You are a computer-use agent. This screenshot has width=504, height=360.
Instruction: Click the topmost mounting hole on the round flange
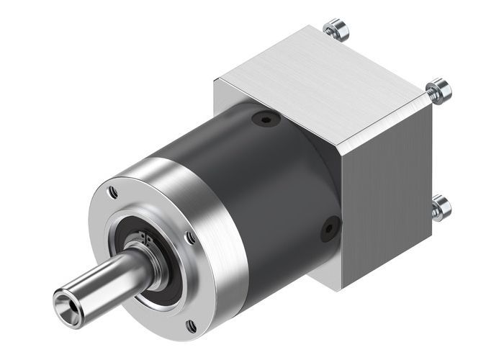(113, 193)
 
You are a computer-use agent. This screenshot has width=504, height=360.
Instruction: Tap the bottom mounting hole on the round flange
(191, 326)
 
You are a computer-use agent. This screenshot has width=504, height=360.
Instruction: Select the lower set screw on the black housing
(330, 228)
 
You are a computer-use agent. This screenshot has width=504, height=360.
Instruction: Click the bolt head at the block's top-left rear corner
(336, 30)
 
